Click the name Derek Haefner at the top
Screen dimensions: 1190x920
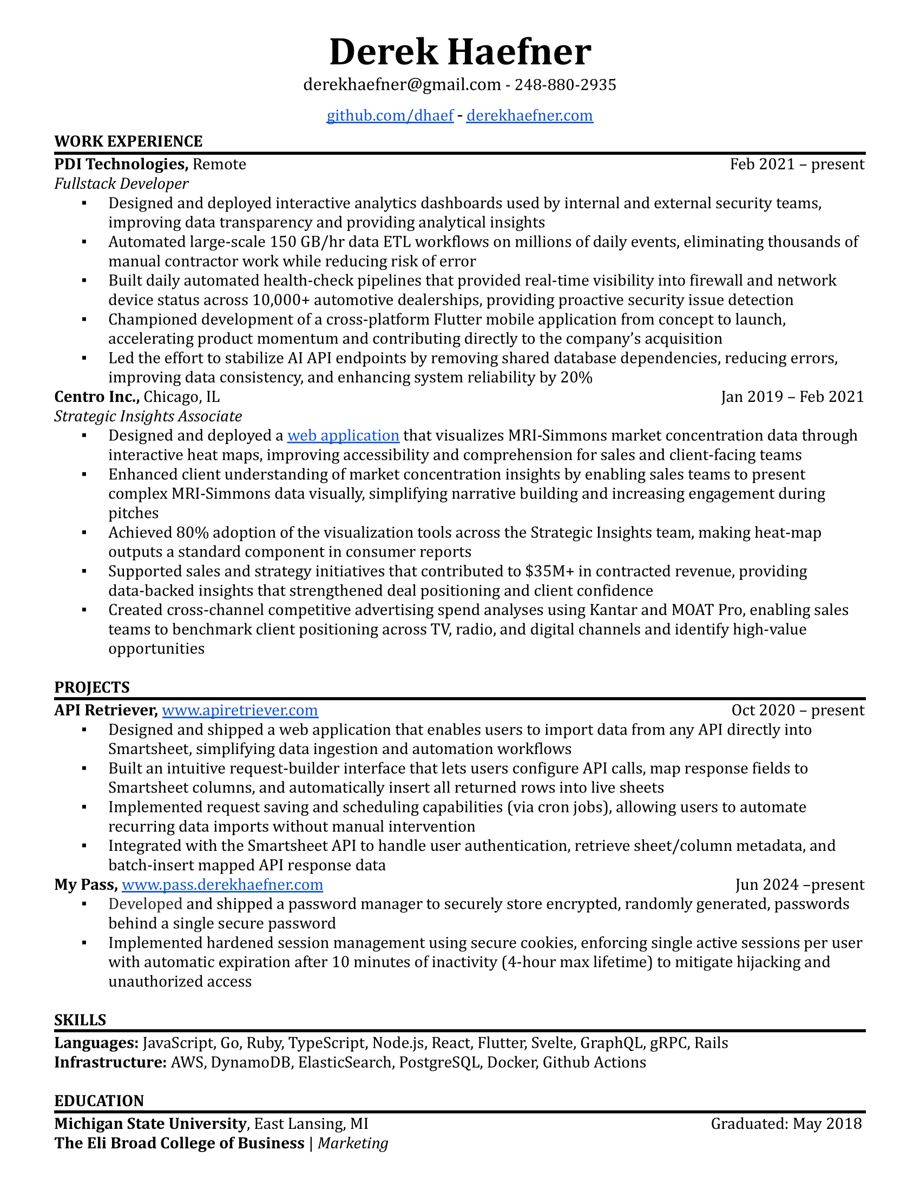(x=460, y=52)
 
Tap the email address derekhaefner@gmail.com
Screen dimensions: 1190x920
(x=402, y=85)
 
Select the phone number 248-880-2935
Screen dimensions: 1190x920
(x=565, y=85)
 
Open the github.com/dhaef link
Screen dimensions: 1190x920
(x=390, y=116)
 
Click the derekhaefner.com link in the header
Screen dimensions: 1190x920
(x=529, y=116)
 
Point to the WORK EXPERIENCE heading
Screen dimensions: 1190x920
(x=128, y=141)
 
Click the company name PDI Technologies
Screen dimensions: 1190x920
(x=121, y=164)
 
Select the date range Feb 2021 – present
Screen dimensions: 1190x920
(x=797, y=164)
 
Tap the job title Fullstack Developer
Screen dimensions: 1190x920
(x=121, y=183)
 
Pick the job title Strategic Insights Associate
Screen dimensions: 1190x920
(x=148, y=416)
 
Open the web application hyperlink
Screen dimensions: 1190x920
(x=343, y=435)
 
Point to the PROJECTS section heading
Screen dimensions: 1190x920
(x=91, y=687)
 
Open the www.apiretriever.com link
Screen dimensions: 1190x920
(x=240, y=710)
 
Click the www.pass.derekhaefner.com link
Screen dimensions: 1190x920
(x=222, y=884)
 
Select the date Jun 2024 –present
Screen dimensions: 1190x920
(x=799, y=884)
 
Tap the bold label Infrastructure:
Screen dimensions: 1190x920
(x=110, y=1062)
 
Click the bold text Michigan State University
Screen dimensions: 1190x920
(x=150, y=1123)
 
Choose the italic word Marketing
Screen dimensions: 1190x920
(x=353, y=1143)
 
